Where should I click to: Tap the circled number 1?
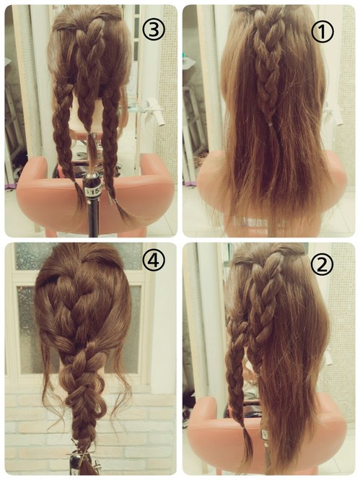[322, 32]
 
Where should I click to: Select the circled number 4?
[154, 261]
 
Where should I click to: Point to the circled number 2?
[322, 265]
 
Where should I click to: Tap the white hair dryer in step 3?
[154, 110]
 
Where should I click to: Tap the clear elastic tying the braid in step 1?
[269, 124]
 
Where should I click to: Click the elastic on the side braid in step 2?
[243, 427]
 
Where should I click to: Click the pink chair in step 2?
[306, 429]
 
